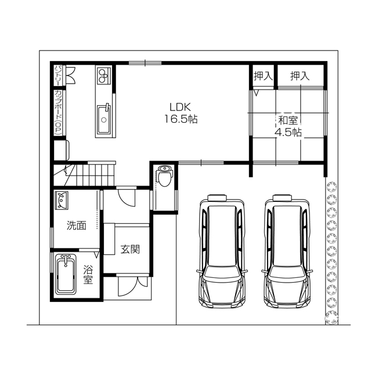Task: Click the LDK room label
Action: tap(181, 106)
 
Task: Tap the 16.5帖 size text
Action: tap(181, 119)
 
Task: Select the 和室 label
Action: tap(288, 120)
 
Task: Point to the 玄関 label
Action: tap(130, 249)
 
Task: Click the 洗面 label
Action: tap(76, 226)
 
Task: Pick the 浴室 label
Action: tap(88, 274)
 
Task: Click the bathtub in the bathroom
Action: tap(66, 274)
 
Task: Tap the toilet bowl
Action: tap(164, 177)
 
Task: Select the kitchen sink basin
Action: tap(104, 119)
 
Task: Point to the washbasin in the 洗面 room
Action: tap(62, 200)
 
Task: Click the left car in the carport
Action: tap(222, 251)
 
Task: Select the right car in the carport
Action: tap(287, 251)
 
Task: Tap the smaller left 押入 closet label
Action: tap(263, 76)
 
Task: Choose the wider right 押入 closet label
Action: tap(300, 76)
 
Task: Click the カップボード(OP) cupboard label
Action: tap(58, 112)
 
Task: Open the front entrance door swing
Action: tap(132, 286)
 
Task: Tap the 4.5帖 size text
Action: tap(288, 133)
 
